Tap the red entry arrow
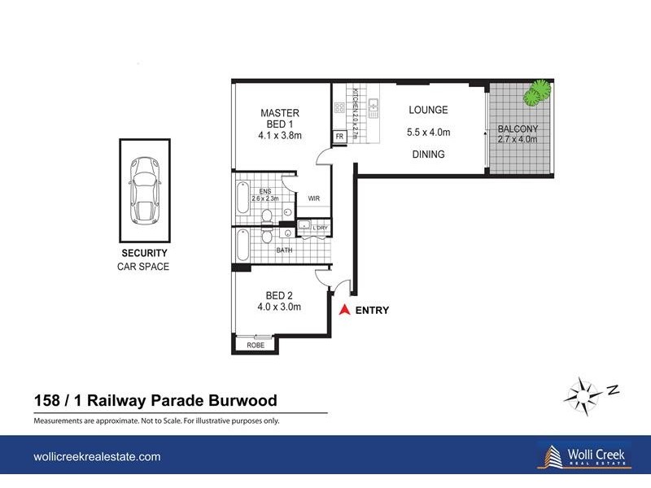[344, 310]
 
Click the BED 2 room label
[279, 295]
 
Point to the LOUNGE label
[428, 111]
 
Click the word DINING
[428, 154]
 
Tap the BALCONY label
[518, 129]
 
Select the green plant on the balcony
[535, 94]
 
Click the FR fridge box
[339, 137]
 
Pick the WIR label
[314, 198]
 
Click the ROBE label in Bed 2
[256, 345]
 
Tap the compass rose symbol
[584, 394]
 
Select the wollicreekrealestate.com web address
[97, 457]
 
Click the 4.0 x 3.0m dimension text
[279, 307]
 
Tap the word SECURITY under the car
[144, 253]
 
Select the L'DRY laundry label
[317, 228]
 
